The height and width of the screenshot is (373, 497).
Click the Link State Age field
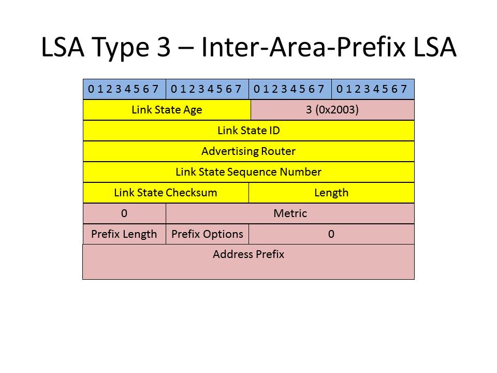click(167, 110)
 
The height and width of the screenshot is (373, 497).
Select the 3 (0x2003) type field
click(332, 110)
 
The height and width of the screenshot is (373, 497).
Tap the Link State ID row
click(249, 131)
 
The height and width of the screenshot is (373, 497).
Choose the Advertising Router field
click(249, 151)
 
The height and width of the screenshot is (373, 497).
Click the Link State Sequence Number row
click(249, 172)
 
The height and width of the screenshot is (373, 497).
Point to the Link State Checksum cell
click(166, 193)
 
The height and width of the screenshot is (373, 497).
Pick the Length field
click(331, 193)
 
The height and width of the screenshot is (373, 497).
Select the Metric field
click(290, 213)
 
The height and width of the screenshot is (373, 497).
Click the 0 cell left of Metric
click(124, 213)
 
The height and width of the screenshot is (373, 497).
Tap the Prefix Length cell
click(124, 234)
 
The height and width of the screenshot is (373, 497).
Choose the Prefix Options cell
click(207, 234)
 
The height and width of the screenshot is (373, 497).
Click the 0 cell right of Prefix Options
click(331, 234)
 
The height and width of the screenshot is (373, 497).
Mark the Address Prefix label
click(248, 254)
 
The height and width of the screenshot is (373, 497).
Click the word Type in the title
click(121, 48)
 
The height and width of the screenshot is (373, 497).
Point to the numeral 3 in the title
click(164, 47)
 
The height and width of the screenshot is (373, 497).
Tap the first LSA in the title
click(63, 47)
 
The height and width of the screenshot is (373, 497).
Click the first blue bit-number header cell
click(124, 89)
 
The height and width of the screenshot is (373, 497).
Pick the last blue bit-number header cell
click(373, 89)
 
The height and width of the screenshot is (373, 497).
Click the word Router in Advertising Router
click(278, 151)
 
